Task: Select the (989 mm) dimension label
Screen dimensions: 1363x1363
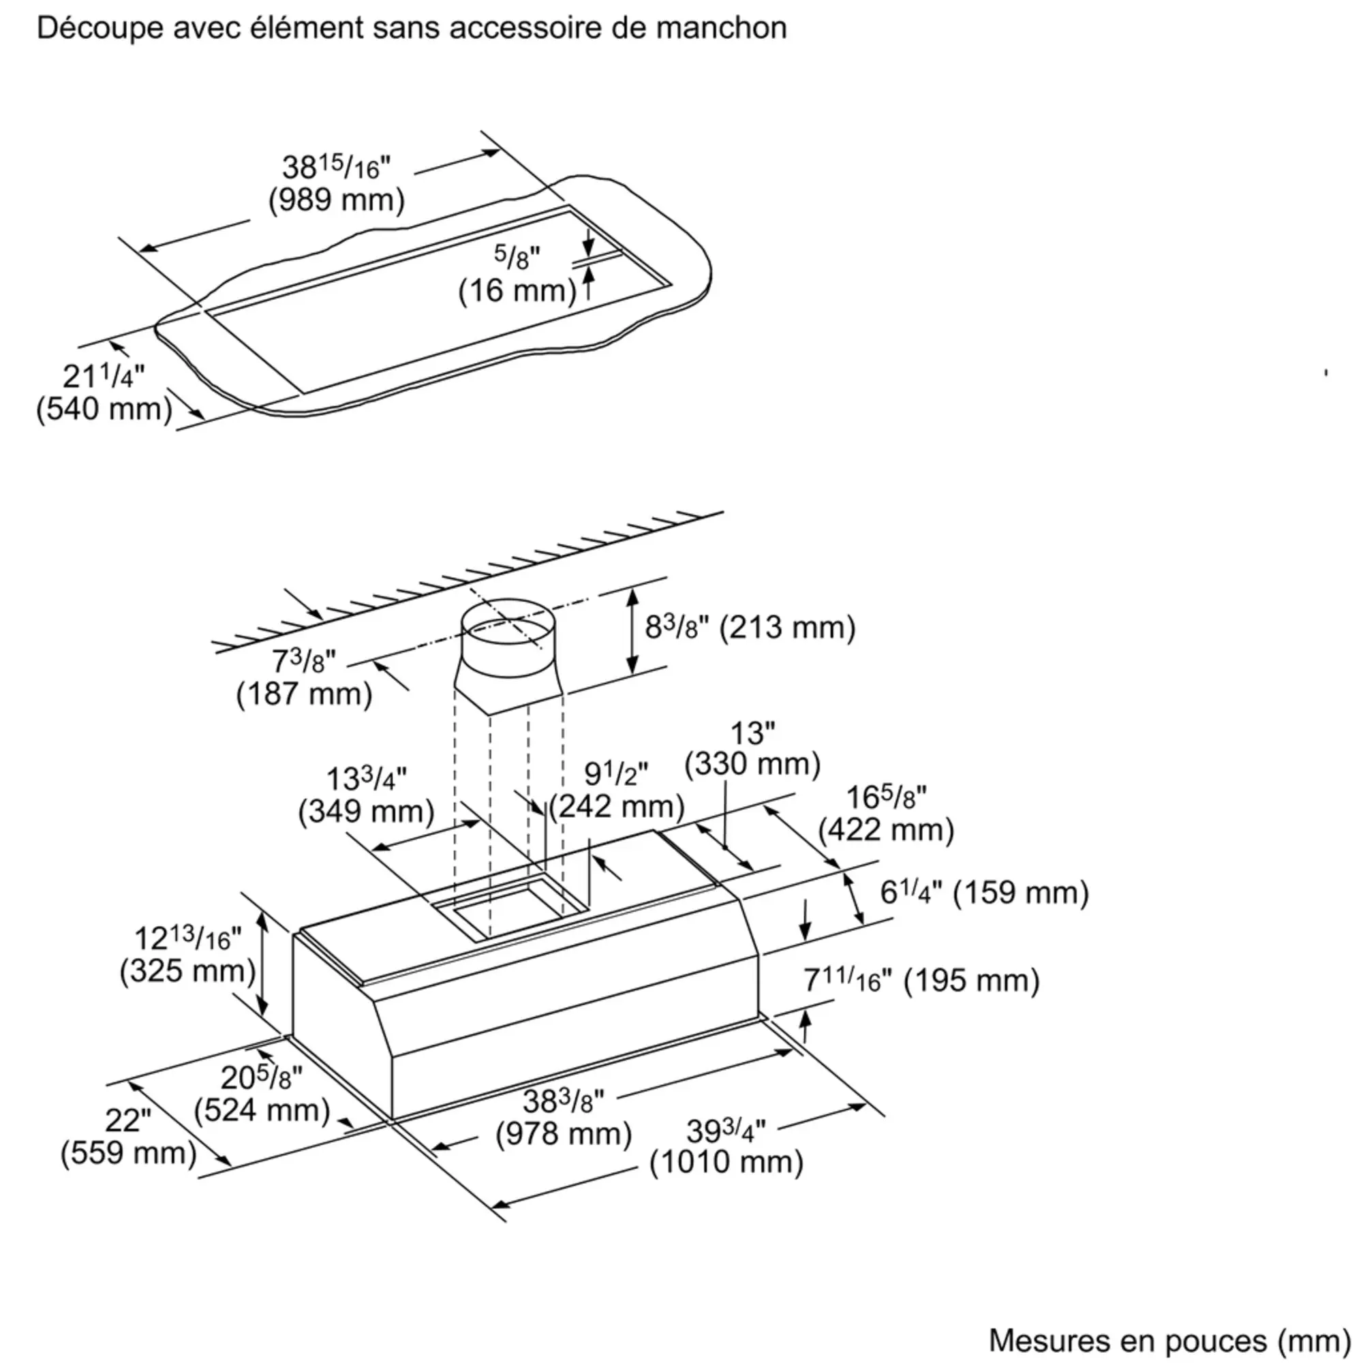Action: pyautogui.click(x=337, y=200)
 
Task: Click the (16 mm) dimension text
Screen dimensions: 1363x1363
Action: pyautogui.click(x=517, y=292)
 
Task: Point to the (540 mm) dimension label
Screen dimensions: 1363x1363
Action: pyautogui.click(x=104, y=409)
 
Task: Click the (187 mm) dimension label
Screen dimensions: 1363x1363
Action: pyautogui.click(x=304, y=694)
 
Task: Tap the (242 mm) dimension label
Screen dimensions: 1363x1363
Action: pyautogui.click(x=617, y=806)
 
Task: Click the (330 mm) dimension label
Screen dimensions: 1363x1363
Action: pyautogui.click(x=753, y=764)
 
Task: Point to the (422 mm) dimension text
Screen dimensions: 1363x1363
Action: pyautogui.click(x=886, y=829)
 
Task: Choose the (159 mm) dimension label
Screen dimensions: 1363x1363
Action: pyautogui.click(x=1021, y=893)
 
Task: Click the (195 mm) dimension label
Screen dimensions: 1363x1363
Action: pyautogui.click(x=971, y=981)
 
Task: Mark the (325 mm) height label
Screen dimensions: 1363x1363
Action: pyautogui.click(x=187, y=971)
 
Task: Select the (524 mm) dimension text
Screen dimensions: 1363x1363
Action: pyautogui.click(x=262, y=1110)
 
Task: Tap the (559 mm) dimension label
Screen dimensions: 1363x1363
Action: pyautogui.click(x=128, y=1154)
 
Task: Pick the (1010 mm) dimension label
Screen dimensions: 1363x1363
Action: pyautogui.click(x=726, y=1163)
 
